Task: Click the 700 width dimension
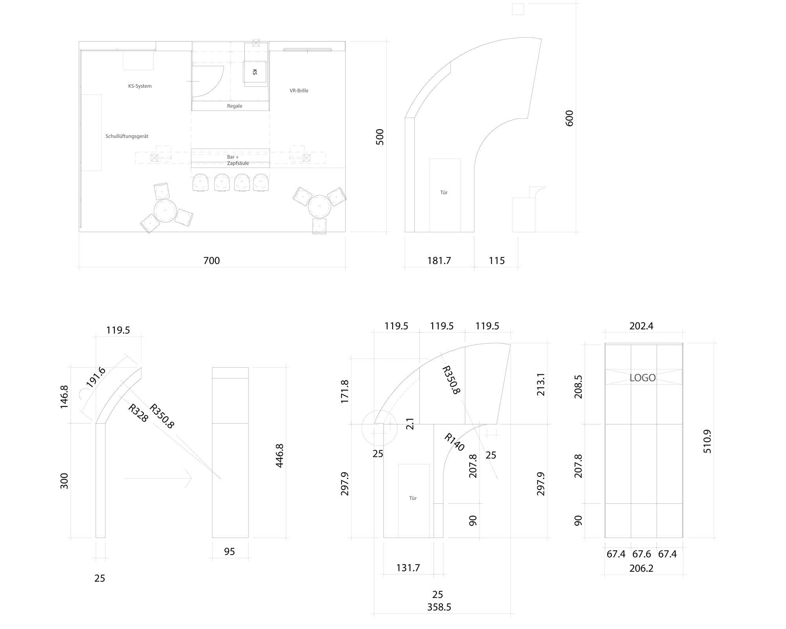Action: click(x=211, y=261)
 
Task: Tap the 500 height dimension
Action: click(x=380, y=137)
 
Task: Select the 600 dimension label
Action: click(x=569, y=118)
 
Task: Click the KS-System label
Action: click(x=140, y=86)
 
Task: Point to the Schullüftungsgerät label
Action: click(x=127, y=136)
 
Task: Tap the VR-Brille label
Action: click(x=299, y=90)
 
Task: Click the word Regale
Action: click(x=235, y=106)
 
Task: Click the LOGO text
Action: click(x=643, y=378)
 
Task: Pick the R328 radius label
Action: click(x=138, y=413)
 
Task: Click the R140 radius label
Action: click(x=454, y=442)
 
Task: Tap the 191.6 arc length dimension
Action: click(x=96, y=377)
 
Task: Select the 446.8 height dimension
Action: click(x=279, y=456)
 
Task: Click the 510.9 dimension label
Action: click(x=707, y=441)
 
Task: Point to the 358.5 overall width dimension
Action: click(x=439, y=607)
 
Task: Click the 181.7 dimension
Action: click(x=439, y=261)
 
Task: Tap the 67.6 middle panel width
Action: click(x=642, y=554)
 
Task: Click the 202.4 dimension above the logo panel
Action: click(x=641, y=326)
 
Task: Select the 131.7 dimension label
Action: click(x=408, y=568)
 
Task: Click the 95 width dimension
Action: click(x=230, y=552)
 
